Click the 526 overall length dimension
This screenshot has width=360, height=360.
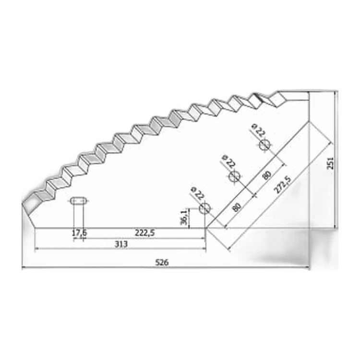coord(162,262)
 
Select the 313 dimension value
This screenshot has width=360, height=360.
coord(121,244)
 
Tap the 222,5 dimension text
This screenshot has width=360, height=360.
coord(145,233)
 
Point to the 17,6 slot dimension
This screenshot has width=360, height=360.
coord(79,233)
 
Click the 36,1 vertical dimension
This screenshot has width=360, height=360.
coord(184,217)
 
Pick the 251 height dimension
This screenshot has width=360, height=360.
coord(330,163)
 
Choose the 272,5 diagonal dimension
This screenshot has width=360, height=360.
coord(282,185)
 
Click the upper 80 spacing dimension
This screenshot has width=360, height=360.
coord(267,175)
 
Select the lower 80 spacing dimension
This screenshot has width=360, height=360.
coord(237,207)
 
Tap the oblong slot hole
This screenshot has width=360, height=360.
coord(79,201)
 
